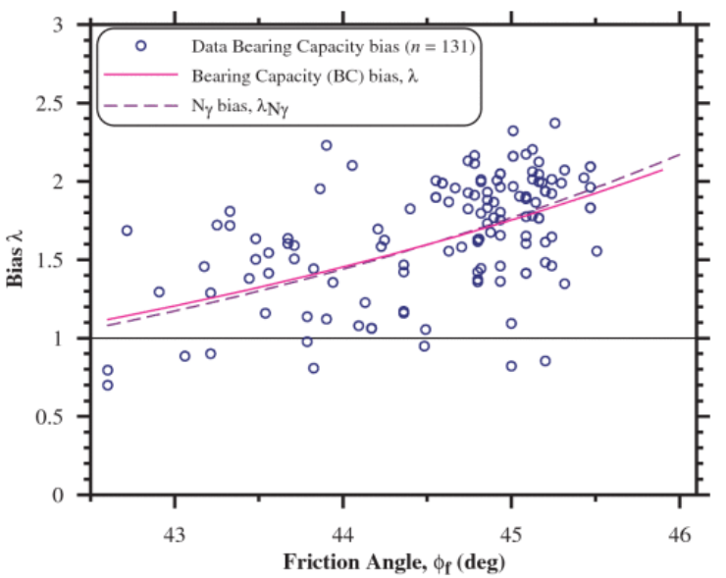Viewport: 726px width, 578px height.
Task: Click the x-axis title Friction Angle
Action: pyautogui.click(x=392, y=563)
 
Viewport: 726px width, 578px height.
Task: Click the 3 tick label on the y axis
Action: pyautogui.click(x=71, y=25)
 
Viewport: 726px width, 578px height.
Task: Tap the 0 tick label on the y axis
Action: pyautogui.click(x=71, y=495)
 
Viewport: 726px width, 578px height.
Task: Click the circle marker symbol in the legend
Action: pyautogui.click(x=141, y=45)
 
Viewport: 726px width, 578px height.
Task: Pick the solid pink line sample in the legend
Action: pyautogui.click(x=141, y=75)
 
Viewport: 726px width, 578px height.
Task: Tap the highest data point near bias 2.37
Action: pyautogui.click(x=554, y=124)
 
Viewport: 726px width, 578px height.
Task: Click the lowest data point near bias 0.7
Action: pyautogui.click(x=108, y=385)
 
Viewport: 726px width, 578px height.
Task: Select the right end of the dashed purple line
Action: pyautogui.click(x=680, y=154)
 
